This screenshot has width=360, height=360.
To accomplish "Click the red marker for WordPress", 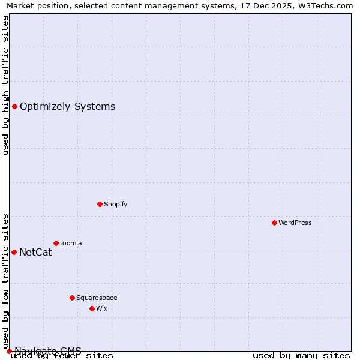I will [x=274, y=223].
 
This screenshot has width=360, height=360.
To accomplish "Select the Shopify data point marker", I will [x=100, y=204].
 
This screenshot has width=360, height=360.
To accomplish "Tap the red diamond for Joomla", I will [x=56, y=243].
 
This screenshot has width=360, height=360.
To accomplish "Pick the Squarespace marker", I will [x=72, y=298].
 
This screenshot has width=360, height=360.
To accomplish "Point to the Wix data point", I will [x=92, y=308].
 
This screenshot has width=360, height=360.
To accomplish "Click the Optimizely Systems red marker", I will [x=14, y=106].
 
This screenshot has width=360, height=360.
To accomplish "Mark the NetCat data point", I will [x=14, y=252].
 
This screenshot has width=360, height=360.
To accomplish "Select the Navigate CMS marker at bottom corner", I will [x=9, y=351].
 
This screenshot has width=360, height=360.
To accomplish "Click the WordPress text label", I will [x=295, y=223].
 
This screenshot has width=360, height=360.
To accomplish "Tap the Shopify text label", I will [x=115, y=204].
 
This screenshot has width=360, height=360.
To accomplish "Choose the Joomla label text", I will [x=71, y=243].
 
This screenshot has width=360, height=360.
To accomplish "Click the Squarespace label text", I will [x=97, y=298].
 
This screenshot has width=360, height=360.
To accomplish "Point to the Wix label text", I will [x=101, y=308].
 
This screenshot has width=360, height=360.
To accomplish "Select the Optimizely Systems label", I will [x=67, y=107].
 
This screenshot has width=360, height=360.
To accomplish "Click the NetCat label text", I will [x=35, y=252].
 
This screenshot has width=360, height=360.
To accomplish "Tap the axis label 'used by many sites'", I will [x=301, y=355].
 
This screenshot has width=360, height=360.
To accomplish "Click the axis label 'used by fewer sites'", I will [x=62, y=355].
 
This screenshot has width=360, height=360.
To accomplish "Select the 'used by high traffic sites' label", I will [x=6, y=85].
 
